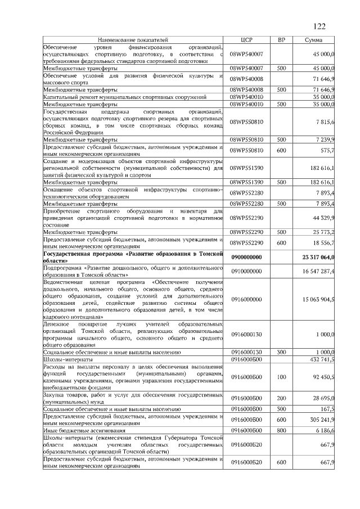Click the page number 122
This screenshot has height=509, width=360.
(x=319, y=26)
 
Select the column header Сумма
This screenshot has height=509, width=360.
(x=314, y=40)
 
